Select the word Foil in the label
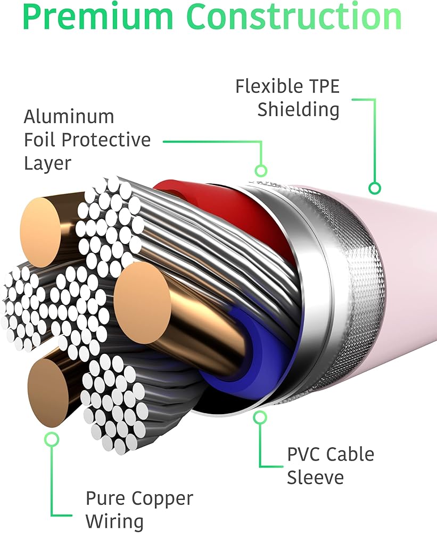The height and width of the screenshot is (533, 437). pyautogui.click(x=40, y=140)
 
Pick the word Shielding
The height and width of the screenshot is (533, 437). pyautogui.click(x=298, y=110)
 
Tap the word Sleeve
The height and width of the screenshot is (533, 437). pyautogui.click(x=316, y=478)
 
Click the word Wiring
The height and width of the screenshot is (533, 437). pyautogui.click(x=114, y=521)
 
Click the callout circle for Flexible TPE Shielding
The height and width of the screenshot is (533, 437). pyautogui.click(x=375, y=188)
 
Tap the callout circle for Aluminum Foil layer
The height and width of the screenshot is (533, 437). pyautogui.click(x=260, y=171)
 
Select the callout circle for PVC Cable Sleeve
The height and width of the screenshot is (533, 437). pyautogui.click(x=260, y=417)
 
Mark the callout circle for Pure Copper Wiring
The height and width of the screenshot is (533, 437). pyautogui.click(x=52, y=439)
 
